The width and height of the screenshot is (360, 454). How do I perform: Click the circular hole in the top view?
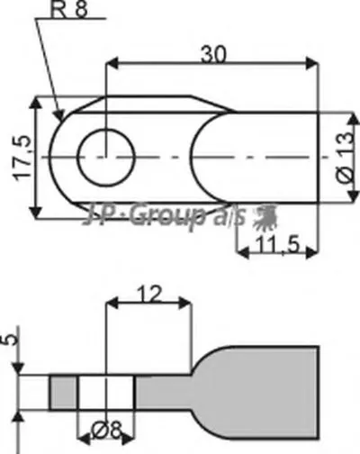coord(106,157)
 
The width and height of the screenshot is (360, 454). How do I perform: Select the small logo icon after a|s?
coord(263,216)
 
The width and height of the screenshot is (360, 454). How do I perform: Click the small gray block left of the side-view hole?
coord(63,391)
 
